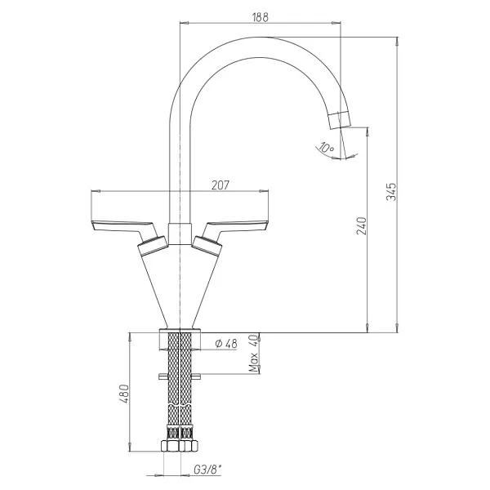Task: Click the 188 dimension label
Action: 260,17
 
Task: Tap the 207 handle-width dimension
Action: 220,185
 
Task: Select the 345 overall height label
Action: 391,192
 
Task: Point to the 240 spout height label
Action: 361,225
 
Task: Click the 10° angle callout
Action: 327,147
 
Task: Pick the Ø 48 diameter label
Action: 226,344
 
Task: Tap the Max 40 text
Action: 254,353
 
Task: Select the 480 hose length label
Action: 124,394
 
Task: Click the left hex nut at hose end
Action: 171,446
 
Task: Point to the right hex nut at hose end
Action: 189,446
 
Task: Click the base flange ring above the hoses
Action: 180,331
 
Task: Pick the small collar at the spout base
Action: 180,234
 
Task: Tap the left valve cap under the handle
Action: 153,245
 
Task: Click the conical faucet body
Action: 180,286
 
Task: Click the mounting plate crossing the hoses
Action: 180,376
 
